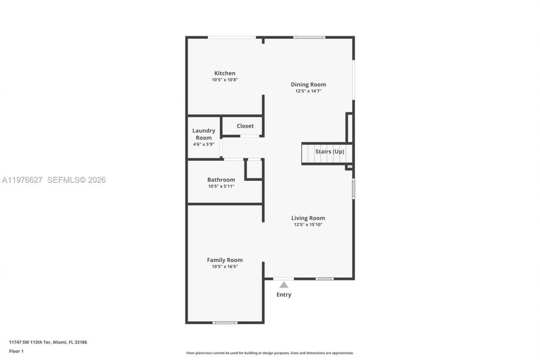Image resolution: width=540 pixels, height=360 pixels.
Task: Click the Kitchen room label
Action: point(224,73)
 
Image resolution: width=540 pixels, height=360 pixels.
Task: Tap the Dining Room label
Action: point(308,84)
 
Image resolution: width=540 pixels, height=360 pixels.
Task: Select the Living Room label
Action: point(308,218)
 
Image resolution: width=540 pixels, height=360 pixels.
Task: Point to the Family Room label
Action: point(224,260)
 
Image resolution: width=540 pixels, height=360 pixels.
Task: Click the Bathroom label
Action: point(221,180)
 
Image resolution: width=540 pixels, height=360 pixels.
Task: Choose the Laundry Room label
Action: point(204,134)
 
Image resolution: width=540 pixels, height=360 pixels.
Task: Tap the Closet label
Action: point(245,126)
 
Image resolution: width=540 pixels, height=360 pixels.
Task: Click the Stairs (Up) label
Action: point(329,152)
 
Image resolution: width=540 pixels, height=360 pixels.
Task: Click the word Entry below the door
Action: point(283,295)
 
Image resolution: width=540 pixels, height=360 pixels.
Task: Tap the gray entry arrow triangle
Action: point(283,285)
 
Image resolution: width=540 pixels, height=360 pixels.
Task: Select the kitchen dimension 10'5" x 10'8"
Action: point(225,80)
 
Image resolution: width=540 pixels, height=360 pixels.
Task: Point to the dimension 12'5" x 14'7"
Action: point(308,91)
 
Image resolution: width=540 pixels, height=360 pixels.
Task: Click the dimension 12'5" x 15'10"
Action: point(308,225)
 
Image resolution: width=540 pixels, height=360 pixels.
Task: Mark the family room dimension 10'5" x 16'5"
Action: point(225,266)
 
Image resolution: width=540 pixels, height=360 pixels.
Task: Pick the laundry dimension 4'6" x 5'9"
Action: point(204,144)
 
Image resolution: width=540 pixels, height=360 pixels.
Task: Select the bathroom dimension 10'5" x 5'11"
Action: point(221,186)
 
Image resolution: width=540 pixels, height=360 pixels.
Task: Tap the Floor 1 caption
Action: point(16,351)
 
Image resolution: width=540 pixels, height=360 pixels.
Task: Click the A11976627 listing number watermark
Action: point(22,180)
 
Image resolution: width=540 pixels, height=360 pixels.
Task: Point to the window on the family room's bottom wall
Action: point(225,323)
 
